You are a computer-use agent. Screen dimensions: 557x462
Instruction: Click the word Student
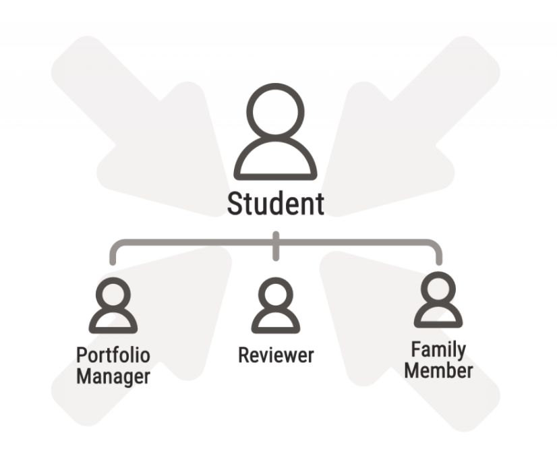pos(275,204)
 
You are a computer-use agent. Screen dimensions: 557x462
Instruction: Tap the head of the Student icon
pos(275,115)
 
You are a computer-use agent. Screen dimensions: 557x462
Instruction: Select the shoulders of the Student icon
pos(275,162)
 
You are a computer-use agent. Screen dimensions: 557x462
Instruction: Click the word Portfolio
pos(113,355)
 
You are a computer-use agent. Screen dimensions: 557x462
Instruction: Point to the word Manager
pos(113,376)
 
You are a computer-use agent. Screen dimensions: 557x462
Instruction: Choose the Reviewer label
pos(276,355)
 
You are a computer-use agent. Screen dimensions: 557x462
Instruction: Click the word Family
pos(438,350)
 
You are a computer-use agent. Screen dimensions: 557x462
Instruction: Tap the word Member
pos(438,370)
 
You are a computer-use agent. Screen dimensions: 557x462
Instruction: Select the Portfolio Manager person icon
pos(113,307)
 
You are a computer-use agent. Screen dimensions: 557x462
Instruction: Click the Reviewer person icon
pos(276,307)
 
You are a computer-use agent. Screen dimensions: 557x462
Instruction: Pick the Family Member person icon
pos(438,301)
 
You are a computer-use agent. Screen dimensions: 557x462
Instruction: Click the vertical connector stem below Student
pos(275,247)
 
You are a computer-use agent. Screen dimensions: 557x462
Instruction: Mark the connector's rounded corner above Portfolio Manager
pos(117,244)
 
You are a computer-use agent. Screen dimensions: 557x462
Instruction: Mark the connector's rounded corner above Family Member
pos(434,244)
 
